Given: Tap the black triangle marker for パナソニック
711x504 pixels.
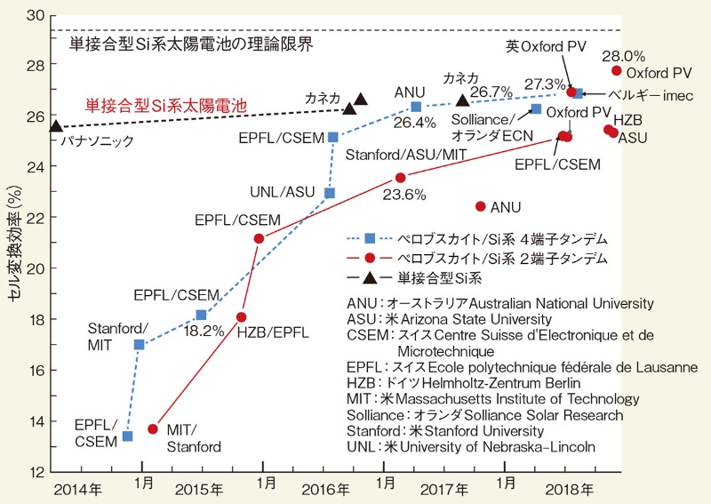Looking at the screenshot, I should [x=56, y=127].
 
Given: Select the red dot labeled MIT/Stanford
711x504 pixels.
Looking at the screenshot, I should [x=153, y=428].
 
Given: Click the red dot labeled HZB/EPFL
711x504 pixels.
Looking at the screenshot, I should [x=242, y=317].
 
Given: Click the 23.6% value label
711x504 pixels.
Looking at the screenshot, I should [x=404, y=193].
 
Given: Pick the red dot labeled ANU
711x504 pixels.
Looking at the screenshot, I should [x=481, y=206].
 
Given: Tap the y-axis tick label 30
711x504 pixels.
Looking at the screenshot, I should [x=36, y=15].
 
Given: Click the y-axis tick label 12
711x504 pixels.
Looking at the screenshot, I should [x=36, y=472].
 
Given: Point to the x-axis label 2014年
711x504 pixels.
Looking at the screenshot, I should [x=77, y=489].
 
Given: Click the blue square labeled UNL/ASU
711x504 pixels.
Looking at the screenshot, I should [x=330, y=193].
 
